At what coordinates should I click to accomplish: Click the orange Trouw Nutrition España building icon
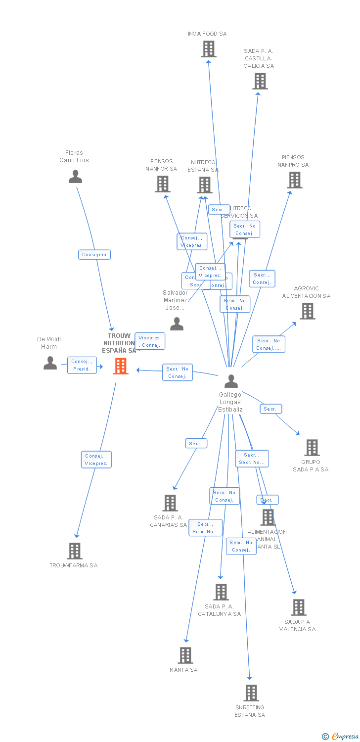[x=121, y=366]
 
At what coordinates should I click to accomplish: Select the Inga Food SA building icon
[x=209, y=49]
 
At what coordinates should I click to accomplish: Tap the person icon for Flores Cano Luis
[x=75, y=177]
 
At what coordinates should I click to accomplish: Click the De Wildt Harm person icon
[x=50, y=363]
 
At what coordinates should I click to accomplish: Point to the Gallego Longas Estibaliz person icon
[x=231, y=381]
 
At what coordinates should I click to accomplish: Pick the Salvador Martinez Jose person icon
[x=177, y=324]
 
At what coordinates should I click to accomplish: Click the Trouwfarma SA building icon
[x=75, y=551]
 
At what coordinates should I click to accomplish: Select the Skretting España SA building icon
[x=251, y=693]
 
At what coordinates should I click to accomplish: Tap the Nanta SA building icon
[x=185, y=655]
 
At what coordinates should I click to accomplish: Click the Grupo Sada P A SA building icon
[x=312, y=447]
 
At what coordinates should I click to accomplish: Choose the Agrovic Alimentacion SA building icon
[x=307, y=311]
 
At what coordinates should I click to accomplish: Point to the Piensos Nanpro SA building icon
[x=295, y=180]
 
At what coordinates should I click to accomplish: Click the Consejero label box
[x=94, y=255]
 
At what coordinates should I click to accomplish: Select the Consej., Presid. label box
[x=82, y=365]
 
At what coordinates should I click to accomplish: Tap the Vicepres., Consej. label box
[x=150, y=341]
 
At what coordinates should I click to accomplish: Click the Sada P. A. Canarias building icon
[x=170, y=503]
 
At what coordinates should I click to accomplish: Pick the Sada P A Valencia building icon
[x=298, y=607]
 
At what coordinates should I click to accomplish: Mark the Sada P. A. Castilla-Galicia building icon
[x=260, y=81]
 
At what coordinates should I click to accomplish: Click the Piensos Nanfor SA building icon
[x=162, y=184]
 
